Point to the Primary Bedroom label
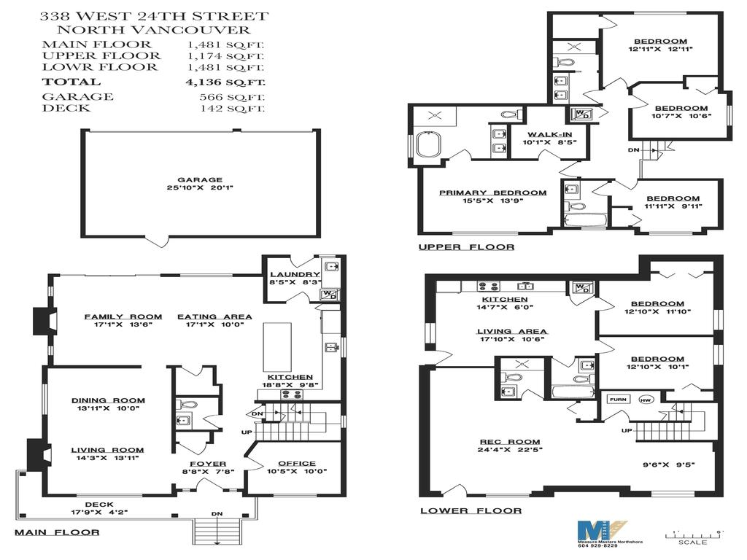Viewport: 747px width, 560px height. [x=492, y=192]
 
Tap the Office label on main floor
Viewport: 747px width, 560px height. [x=297, y=463]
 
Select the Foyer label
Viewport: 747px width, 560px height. [x=208, y=464]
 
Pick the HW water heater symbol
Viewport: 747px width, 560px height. [x=644, y=400]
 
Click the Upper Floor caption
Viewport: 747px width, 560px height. [x=465, y=247]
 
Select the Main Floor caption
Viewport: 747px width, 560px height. [x=56, y=532]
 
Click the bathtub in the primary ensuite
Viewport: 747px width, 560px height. [x=427, y=144]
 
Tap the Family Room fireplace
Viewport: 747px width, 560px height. [x=42, y=321]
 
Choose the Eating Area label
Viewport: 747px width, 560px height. [x=214, y=316]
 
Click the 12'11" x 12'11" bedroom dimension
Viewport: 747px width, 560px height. [x=660, y=50]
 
